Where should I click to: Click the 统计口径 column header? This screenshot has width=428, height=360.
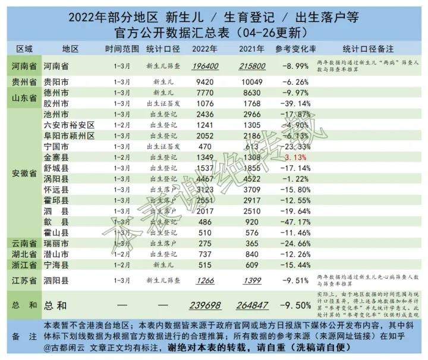(163, 48)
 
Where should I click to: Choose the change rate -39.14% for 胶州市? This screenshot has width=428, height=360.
(294, 103)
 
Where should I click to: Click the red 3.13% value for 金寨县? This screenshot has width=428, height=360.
(295, 157)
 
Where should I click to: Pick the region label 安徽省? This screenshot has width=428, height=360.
(24, 174)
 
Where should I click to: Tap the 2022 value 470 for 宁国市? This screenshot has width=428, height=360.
(205, 147)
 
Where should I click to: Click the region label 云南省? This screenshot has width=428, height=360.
(24, 243)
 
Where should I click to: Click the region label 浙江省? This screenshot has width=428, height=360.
(24, 264)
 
